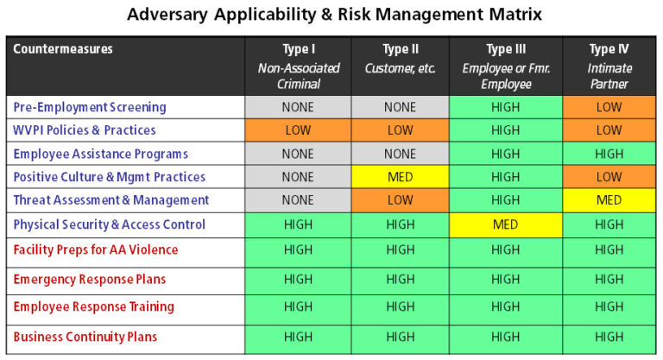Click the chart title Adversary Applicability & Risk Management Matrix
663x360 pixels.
(x=336, y=16)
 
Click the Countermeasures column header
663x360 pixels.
(x=63, y=49)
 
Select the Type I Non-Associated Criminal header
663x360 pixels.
(x=299, y=66)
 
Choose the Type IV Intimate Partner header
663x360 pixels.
(x=609, y=66)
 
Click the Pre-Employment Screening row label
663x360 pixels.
(x=90, y=107)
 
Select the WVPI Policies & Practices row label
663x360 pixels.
(x=85, y=130)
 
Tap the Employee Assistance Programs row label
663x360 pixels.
(x=100, y=154)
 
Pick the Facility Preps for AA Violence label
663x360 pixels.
(x=96, y=250)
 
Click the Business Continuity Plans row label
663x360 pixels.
(x=85, y=337)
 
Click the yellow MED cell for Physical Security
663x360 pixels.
(x=505, y=224)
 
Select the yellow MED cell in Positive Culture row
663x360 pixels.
(x=400, y=178)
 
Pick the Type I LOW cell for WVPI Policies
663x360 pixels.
(x=299, y=130)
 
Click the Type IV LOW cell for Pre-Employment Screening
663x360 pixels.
(x=609, y=107)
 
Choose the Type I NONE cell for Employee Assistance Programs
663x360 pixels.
(x=299, y=154)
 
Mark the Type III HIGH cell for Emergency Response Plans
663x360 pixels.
(x=505, y=280)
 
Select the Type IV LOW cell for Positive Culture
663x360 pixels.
(x=609, y=178)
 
